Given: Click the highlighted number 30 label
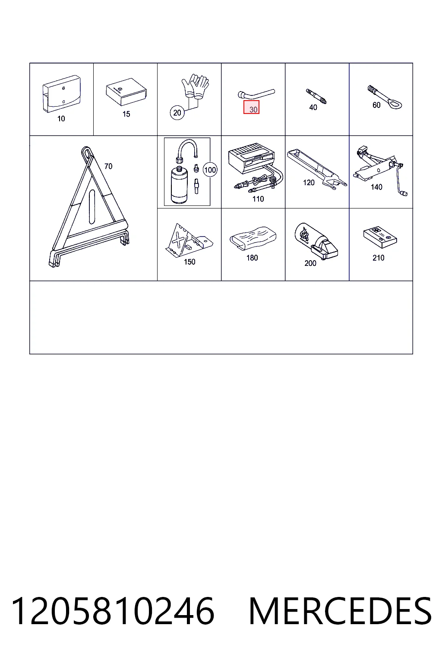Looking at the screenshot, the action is pyautogui.click(x=251, y=107).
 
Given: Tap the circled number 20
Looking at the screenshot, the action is pyautogui.click(x=177, y=113).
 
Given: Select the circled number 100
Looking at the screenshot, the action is pyautogui.click(x=210, y=170).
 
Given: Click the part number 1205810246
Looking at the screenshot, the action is pyautogui.click(x=112, y=611).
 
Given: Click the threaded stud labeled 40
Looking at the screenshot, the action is pyautogui.click(x=316, y=96).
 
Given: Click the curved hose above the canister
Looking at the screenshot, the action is pyautogui.click(x=187, y=149).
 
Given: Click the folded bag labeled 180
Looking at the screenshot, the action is pyautogui.click(x=253, y=238).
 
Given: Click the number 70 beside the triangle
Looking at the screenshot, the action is pyautogui.click(x=108, y=166).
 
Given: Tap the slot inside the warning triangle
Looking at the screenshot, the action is pyautogui.click(x=92, y=207).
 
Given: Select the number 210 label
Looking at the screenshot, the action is pyautogui.click(x=379, y=258).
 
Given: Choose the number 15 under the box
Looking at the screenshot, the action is pyautogui.click(x=126, y=114).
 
